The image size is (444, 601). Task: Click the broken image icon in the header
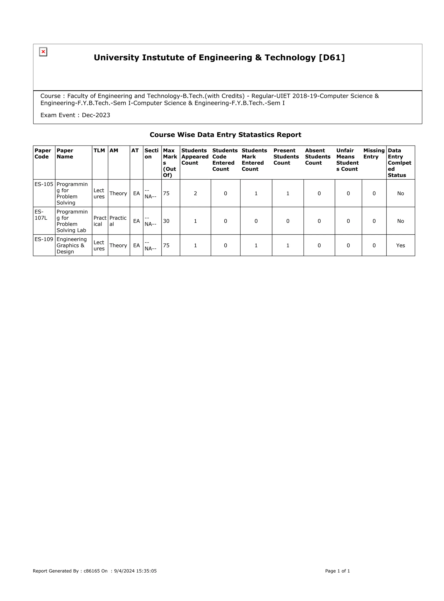[43, 52]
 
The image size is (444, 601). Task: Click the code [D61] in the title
[332, 57]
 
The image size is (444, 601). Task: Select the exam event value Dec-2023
[96, 115]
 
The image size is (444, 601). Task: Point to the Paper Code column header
[43, 154]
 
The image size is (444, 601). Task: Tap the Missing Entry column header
[374, 154]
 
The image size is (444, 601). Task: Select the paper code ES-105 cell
[44, 184]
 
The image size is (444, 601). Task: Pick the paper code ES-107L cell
[41, 215]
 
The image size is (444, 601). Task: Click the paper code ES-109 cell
[44, 239]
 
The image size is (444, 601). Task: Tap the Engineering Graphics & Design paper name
[72, 245]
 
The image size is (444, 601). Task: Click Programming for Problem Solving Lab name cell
[72, 221]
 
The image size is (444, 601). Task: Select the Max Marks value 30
[166, 221]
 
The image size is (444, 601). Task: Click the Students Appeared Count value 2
[195, 193]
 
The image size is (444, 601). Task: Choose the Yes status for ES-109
[400, 245]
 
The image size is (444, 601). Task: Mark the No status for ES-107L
[400, 221]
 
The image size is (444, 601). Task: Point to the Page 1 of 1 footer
[337, 571]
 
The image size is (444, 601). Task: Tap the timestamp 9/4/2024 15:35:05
[135, 571]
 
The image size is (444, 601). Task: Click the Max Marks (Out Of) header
[170, 163]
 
